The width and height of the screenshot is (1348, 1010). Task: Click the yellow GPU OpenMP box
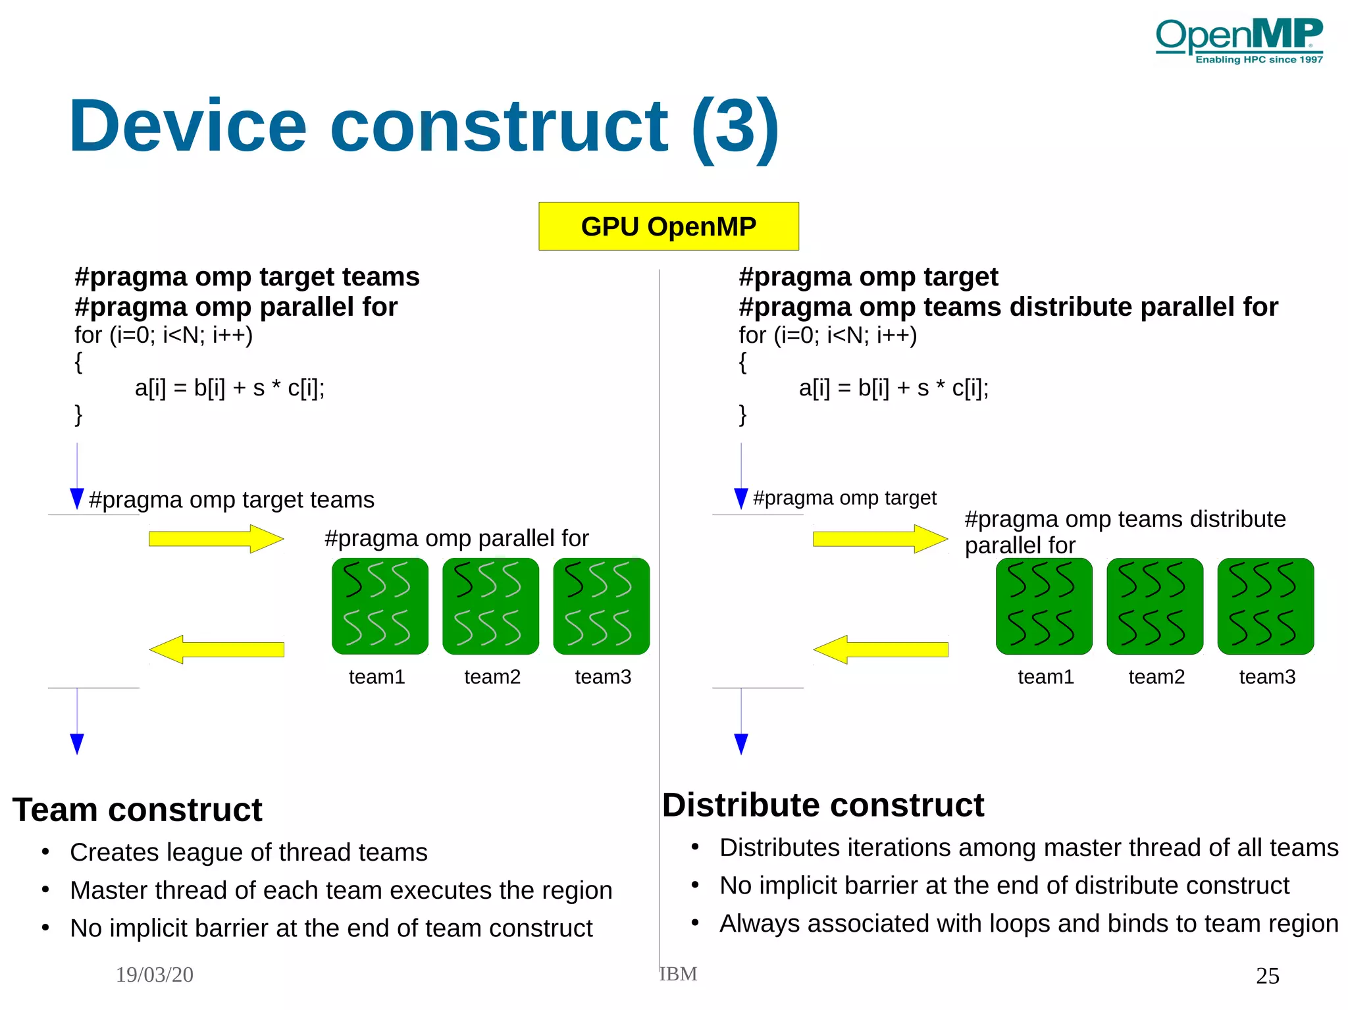(668, 226)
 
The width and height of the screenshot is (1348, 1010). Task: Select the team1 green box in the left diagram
(380, 606)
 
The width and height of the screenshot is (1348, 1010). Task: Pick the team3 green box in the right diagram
(1265, 606)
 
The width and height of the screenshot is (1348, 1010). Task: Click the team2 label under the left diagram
(492, 676)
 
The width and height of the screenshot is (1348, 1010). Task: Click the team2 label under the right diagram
(1156, 676)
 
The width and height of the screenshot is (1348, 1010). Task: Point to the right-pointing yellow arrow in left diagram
(216, 539)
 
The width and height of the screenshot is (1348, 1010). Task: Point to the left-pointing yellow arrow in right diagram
(880, 649)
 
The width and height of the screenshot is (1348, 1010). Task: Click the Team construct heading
(137, 809)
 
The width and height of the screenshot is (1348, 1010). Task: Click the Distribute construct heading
(823, 805)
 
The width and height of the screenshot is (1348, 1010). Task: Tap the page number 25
(1267, 975)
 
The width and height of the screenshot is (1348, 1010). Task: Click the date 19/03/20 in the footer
(155, 974)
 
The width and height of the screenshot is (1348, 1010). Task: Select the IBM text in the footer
(678, 974)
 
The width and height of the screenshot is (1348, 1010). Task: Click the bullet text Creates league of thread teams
(248, 852)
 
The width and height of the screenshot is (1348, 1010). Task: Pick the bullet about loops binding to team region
(1028, 923)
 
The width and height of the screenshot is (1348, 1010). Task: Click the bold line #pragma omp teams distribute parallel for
(1008, 307)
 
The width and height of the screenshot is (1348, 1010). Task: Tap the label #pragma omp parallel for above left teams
(456, 538)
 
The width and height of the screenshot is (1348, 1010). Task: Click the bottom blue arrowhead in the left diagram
(77, 744)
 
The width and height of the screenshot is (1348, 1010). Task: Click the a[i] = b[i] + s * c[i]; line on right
(893, 388)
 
